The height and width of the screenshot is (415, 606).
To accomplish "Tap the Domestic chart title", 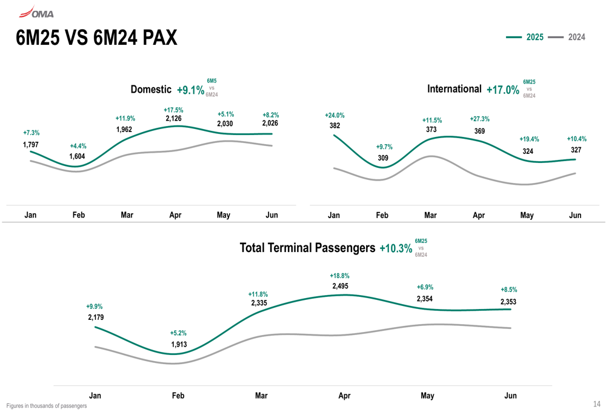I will tap(151, 90).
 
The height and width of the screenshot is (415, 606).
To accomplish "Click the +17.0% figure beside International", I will tap(503, 90).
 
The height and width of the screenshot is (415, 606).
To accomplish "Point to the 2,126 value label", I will tap(173, 119).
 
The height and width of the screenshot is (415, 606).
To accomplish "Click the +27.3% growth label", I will tap(480, 119).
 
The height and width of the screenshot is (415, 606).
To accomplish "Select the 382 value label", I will tap(335, 125).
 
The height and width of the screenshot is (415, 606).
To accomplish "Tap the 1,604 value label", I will tap(78, 156).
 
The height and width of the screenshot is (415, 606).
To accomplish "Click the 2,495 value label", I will tap(341, 286).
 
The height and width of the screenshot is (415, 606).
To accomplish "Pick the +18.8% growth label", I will tap(340, 276).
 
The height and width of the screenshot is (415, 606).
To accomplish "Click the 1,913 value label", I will tap(179, 344).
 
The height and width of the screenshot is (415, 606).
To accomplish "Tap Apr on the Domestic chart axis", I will tap(175, 215).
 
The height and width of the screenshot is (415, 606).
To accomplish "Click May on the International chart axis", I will tap(527, 215).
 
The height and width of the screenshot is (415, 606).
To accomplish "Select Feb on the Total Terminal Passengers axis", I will tap(178, 396).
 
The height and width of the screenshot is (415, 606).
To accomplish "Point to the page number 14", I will tap(596, 404).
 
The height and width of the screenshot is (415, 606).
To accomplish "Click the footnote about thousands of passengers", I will tap(47, 406).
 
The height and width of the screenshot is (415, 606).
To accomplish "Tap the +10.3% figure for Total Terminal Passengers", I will tap(396, 248).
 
